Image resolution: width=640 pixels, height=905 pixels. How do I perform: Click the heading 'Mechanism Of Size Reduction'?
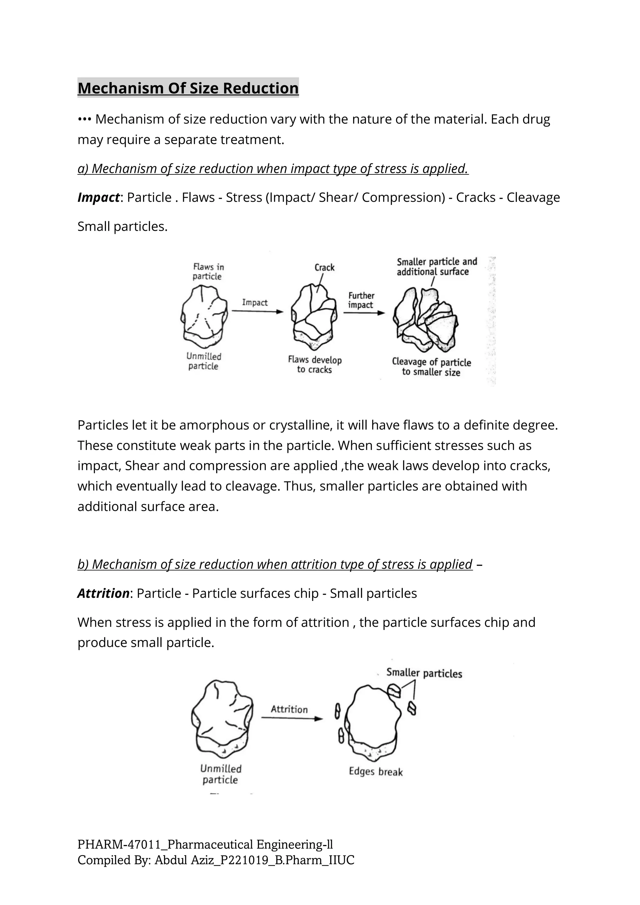pyautogui.click(x=188, y=88)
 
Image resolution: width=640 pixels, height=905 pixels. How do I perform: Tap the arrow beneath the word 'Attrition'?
pyautogui.click(x=292, y=718)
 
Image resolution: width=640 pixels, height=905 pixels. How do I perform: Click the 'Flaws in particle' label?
pyautogui.click(x=208, y=272)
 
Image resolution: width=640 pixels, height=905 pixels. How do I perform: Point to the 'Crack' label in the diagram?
pyautogui.click(x=324, y=267)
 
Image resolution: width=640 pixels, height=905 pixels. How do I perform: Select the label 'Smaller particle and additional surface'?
pyautogui.click(x=436, y=267)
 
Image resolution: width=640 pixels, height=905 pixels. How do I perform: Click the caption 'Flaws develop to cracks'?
pyautogui.click(x=314, y=365)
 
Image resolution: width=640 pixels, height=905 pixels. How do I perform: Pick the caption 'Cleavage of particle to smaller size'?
pyautogui.click(x=431, y=367)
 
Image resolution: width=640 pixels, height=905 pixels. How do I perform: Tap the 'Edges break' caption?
pyautogui.click(x=376, y=771)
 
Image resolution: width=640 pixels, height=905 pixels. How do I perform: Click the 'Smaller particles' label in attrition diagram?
pyautogui.click(x=424, y=673)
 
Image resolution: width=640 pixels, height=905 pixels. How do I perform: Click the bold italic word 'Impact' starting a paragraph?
pyautogui.click(x=98, y=197)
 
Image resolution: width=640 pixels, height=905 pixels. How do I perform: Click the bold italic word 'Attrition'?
pyautogui.click(x=103, y=593)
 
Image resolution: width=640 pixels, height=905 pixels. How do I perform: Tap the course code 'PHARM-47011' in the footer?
pyautogui.click(x=119, y=845)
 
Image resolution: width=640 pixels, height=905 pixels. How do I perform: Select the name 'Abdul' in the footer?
pyautogui.click(x=171, y=860)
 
